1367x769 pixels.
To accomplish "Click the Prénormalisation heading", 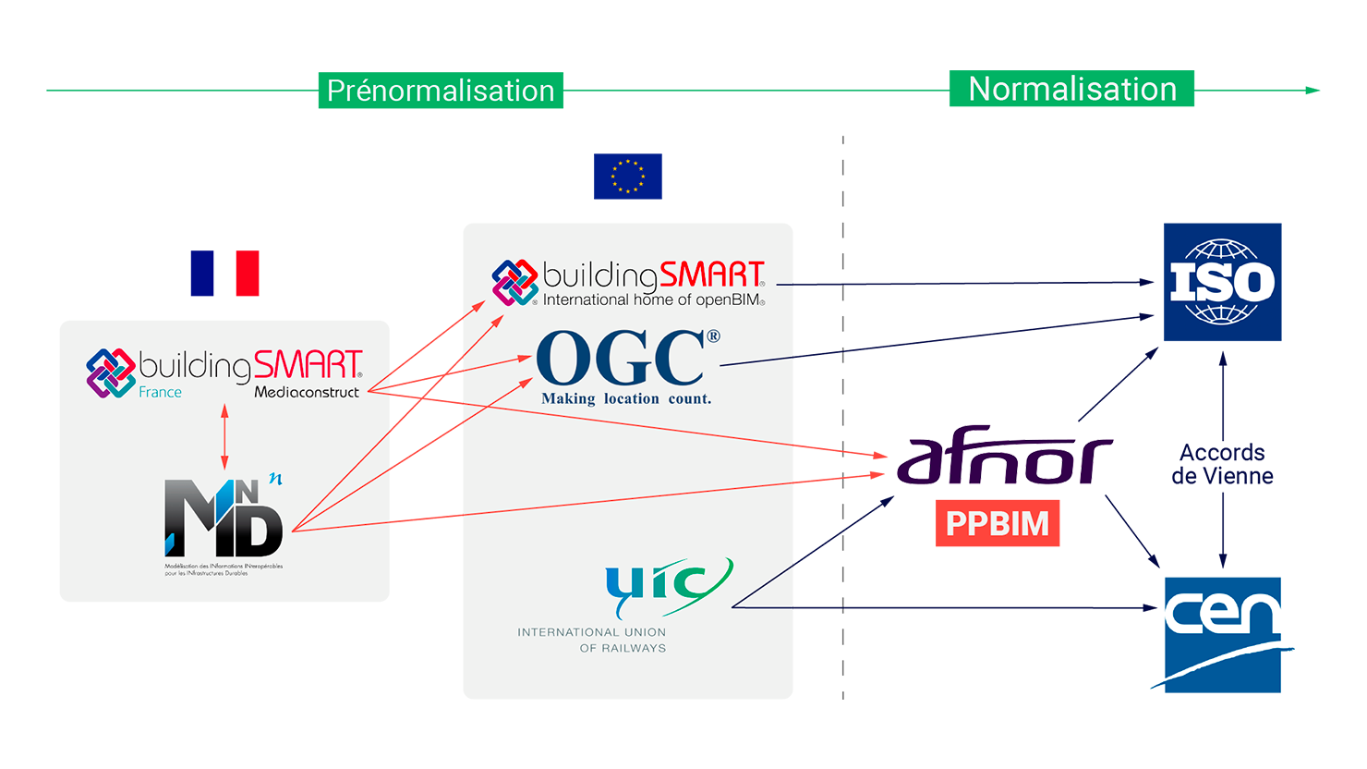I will [x=441, y=92].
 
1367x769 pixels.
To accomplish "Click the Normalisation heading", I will [x=1072, y=90].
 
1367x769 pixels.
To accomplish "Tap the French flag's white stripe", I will [x=224, y=238].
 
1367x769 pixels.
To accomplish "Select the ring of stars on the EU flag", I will [x=628, y=176].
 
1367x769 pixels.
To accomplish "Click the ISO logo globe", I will [x=1222, y=282].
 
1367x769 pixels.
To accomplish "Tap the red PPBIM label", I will [x=998, y=524].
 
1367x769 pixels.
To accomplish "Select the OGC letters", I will [x=621, y=360].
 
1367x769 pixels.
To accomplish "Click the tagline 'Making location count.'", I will [x=626, y=399].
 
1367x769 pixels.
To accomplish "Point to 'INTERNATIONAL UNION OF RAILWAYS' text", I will [x=592, y=640].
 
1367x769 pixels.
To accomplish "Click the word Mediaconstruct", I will [x=307, y=393].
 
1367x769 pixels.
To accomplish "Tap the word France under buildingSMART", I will [x=160, y=393].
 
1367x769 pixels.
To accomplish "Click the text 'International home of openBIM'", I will [x=652, y=300].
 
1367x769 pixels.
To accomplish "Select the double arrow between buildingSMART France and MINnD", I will [x=224, y=436].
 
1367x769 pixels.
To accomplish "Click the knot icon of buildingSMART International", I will [x=514, y=282].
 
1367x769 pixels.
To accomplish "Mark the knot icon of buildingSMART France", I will [x=110, y=372].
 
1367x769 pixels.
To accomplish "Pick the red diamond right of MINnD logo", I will [x=426, y=518].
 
